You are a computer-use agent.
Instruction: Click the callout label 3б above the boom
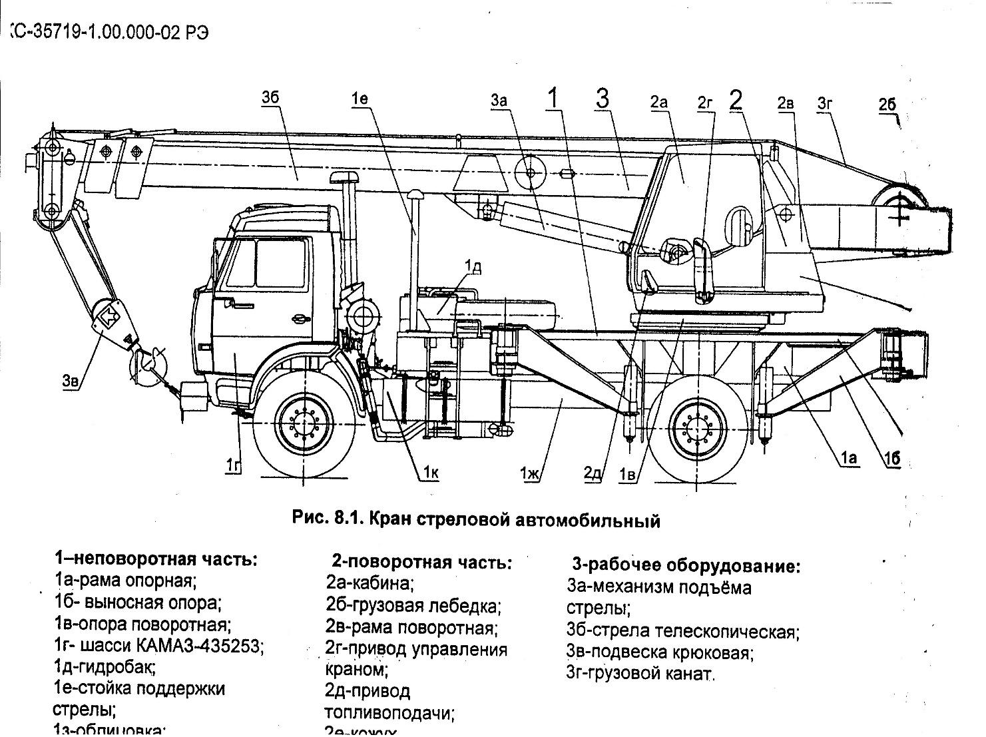pos(270,99)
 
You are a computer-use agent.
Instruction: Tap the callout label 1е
pos(360,99)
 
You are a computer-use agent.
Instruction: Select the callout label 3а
pos(499,101)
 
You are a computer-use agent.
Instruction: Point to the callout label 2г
pos(705,102)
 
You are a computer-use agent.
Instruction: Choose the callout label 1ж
pos(531,473)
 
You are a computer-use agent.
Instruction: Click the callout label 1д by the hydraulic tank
pos(473,267)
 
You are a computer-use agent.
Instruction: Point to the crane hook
pos(150,364)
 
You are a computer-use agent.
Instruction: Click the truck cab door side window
pos(280,264)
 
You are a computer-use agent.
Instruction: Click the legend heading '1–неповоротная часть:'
pos(156,559)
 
